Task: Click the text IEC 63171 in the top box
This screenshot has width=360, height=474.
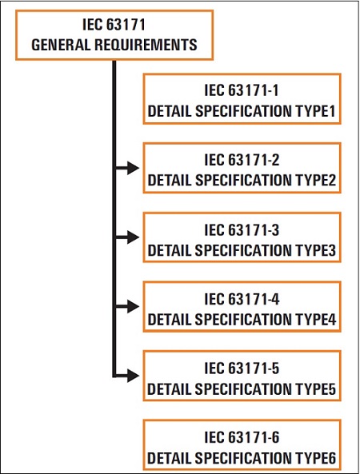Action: pos(114,25)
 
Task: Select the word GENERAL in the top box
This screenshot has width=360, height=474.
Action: pos(61,45)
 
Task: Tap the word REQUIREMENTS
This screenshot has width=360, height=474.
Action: pos(146,45)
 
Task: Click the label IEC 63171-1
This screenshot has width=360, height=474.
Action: pos(242,90)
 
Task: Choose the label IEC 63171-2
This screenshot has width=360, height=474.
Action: pos(242,159)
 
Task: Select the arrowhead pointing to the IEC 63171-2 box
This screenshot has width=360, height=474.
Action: pos(133,168)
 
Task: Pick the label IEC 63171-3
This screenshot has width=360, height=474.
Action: pos(242,229)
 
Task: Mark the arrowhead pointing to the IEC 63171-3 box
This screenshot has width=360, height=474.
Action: pos(133,237)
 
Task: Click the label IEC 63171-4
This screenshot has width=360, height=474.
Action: pos(242,299)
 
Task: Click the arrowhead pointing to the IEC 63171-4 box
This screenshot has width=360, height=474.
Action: pos(133,306)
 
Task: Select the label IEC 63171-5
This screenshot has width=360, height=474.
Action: pos(242,368)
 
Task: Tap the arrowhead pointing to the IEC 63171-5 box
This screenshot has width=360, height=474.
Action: pos(133,376)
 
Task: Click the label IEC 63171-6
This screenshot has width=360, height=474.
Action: pos(242,437)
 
